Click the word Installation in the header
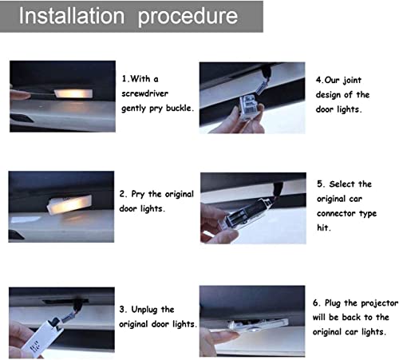pyautogui.click(x=72, y=16)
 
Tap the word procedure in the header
pyautogui.click(x=188, y=18)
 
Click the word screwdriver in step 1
pyautogui.click(x=145, y=93)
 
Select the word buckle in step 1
pyautogui.click(x=180, y=108)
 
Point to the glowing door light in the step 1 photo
pyautogui.click(x=73, y=93)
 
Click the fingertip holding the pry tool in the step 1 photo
pyautogui.click(x=19, y=94)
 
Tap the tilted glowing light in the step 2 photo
pyautogui.click(x=69, y=204)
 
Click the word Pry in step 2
pyautogui.click(x=138, y=195)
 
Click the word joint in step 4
pyautogui.click(x=352, y=81)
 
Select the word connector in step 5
pyautogui.click(x=336, y=213)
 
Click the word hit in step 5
pyautogui.click(x=324, y=227)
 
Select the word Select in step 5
pyautogui.click(x=342, y=184)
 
